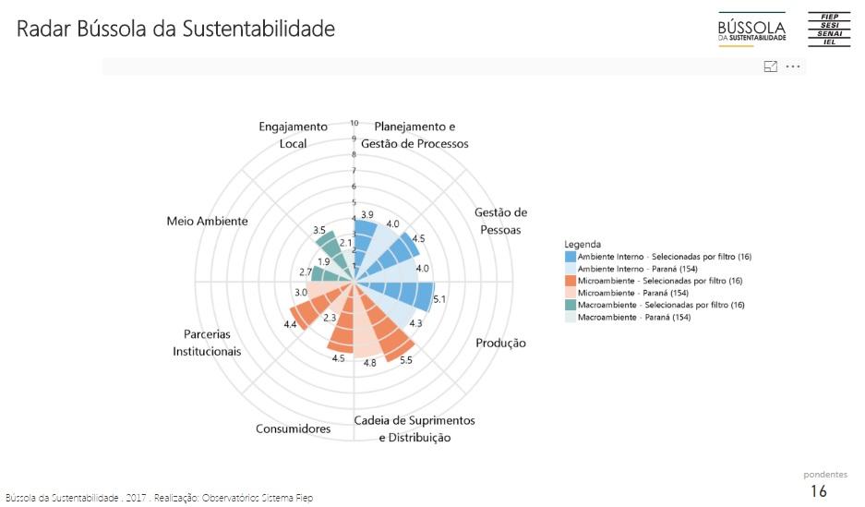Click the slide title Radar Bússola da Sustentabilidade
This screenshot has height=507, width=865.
click(x=175, y=30)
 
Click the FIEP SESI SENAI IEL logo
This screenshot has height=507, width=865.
click(x=828, y=30)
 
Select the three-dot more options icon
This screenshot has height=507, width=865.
click(x=793, y=66)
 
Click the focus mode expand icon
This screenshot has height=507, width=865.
click(x=770, y=66)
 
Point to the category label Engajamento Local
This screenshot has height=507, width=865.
click(x=293, y=135)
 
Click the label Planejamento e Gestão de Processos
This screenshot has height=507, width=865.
click(x=414, y=135)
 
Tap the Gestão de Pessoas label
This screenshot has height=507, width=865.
click(x=499, y=221)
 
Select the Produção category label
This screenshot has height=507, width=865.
click(x=500, y=343)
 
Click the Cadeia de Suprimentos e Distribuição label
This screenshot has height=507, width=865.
click(x=414, y=429)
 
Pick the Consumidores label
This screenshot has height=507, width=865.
click(x=293, y=429)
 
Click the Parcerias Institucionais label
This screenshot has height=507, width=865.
click(x=207, y=343)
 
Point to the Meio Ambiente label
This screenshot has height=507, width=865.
click(x=207, y=221)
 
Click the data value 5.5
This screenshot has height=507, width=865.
click(x=406, y=360)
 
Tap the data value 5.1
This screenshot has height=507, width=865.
click(x=439, y=299)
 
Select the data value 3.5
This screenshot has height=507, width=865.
click(x=318, y=230)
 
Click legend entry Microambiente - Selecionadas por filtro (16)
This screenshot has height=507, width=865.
click(x=660, y=280)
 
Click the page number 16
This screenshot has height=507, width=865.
click(x=818, y=491)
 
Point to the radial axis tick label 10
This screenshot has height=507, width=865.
click(x=354, y=122)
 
